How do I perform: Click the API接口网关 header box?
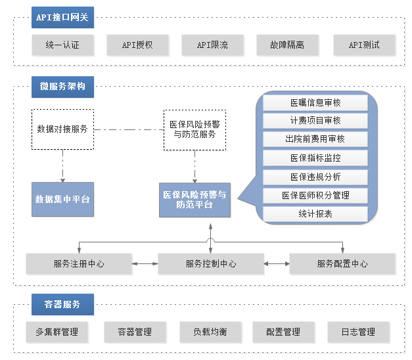point(62,17)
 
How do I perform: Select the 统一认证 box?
point(62,45)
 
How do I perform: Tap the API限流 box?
point(212,45)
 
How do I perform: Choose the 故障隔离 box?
point(287,45)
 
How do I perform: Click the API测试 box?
point(364,45)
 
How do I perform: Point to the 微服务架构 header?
point(62,87)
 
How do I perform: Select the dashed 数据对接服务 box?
point(63,129)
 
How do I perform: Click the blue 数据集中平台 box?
point(63,200)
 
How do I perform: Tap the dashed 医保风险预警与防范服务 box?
point(195,130)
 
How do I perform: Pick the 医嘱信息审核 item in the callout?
point(315,102)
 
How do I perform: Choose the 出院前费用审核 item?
point(315,139)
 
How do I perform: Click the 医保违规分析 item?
point(315,177)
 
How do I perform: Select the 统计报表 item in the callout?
point(315,214)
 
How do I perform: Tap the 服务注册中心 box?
point(79,264)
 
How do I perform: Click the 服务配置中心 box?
point(342,264)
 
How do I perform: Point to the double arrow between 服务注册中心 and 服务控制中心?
point(145,264)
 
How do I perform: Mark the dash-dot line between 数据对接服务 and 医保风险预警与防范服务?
point(129,130)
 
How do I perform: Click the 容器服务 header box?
point(62,305)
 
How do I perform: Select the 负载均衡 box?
point(210,332)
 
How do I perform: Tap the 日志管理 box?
point(358,332)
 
